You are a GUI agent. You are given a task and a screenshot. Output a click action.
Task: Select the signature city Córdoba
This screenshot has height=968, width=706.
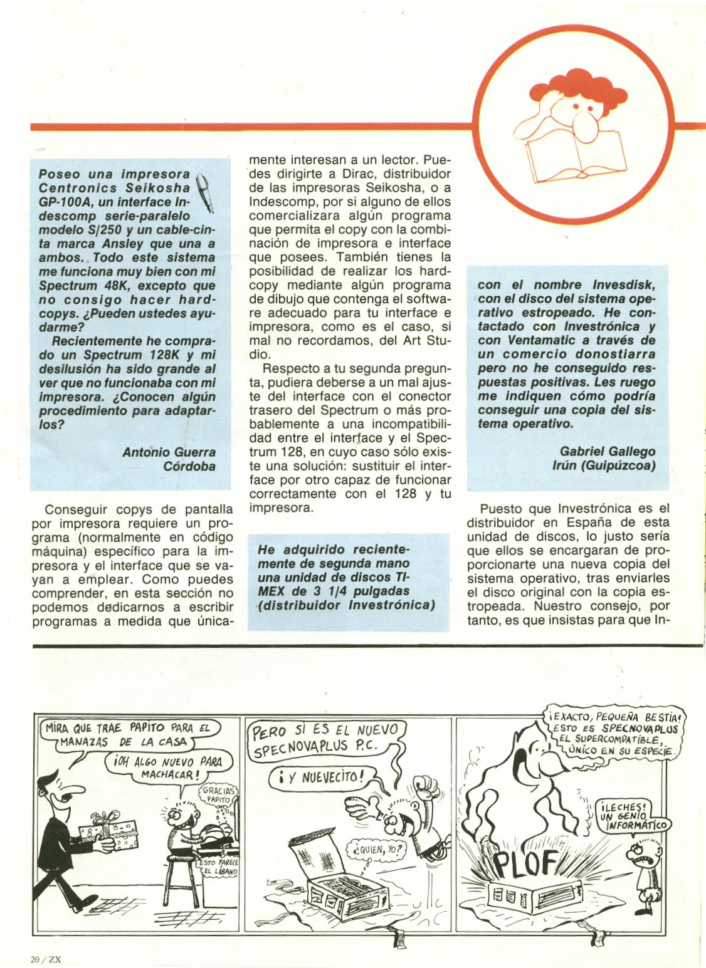pyautogui.click(x=189, y=466)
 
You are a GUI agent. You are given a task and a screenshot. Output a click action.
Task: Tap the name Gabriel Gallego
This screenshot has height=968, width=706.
pyautogui.click(x=598, y=451)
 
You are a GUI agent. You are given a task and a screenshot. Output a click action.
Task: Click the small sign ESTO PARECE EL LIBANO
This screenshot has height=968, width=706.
pyautogui.click(x=218, y=868)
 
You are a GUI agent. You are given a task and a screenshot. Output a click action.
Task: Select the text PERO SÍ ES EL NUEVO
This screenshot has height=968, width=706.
pyautogui.click(x=328, y=731)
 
